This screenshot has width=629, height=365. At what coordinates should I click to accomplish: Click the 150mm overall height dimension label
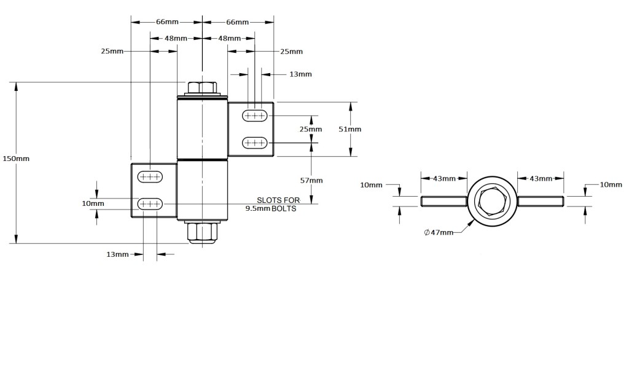(x=15, y=159)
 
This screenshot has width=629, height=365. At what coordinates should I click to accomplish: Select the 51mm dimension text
(x=350, y=129)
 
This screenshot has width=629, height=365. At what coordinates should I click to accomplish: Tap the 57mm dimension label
(x=311, y=180)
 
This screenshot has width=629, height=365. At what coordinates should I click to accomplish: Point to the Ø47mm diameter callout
(x=439, y=232)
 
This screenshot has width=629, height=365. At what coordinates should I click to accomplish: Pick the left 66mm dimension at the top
(x=167, y=22)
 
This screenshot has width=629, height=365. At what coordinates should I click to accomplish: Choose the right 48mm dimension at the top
(x=230, y=38)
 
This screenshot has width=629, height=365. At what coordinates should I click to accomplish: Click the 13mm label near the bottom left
(x=117, y=254)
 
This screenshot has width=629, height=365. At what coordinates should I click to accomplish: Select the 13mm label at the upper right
(x=300, y=74)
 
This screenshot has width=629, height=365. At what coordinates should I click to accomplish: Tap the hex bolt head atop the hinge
(x=202, y=87)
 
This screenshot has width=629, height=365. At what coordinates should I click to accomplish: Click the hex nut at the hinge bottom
(x=202, y=232)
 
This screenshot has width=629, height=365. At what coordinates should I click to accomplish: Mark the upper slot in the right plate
(x=255, y=115)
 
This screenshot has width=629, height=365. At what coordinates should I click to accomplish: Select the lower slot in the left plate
(x=150, y=203)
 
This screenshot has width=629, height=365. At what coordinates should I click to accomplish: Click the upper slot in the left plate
(x=150, y=176)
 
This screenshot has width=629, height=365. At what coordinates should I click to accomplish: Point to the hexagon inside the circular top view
(x=492, y=201)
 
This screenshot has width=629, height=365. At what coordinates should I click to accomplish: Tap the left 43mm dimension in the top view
(x=444, y=179)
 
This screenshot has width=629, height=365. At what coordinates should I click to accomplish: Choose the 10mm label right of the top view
(x=611, y=184)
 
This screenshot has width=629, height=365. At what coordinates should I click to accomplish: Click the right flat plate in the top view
(x=540, y=201)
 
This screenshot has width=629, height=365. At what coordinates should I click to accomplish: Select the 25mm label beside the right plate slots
(x=310, y=129)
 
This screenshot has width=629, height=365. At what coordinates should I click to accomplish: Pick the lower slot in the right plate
(x=255, y=143)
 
